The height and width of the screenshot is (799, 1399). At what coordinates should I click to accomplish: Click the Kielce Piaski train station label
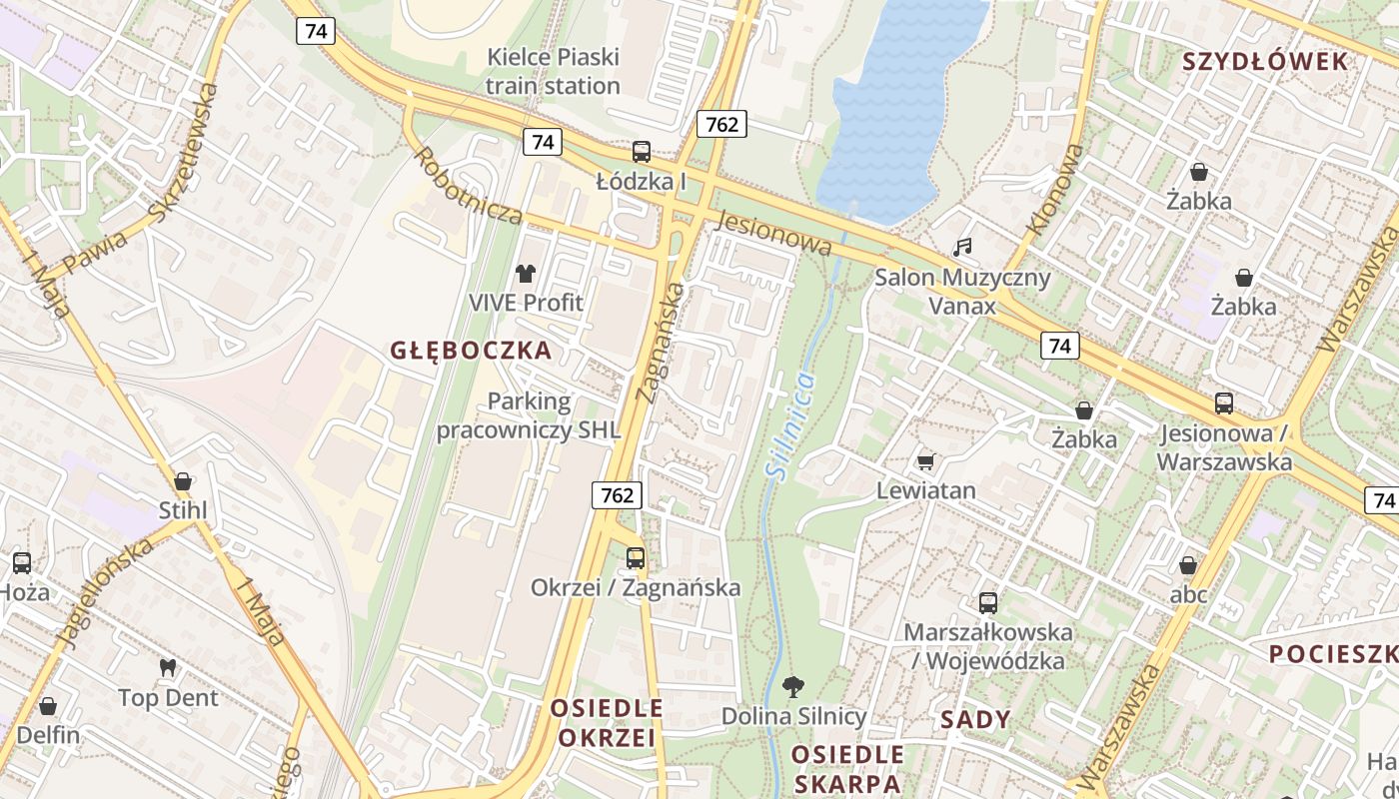553,71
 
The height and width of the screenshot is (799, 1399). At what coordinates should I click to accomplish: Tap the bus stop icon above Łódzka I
642,152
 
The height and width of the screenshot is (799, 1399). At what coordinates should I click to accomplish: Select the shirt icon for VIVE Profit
526,273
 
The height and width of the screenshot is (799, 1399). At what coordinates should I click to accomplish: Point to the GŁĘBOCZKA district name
471,351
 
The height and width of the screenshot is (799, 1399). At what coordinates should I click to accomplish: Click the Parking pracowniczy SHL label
529,416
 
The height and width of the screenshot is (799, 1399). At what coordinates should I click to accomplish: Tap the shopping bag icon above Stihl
182,481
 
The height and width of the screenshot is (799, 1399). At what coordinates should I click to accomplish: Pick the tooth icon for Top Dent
168,667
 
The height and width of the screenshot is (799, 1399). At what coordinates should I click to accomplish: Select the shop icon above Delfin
48,706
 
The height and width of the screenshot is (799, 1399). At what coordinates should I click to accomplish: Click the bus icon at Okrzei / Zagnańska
636,558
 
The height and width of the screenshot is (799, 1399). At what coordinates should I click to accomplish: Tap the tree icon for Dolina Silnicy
793,686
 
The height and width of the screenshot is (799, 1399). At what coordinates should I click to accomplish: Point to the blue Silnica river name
789,423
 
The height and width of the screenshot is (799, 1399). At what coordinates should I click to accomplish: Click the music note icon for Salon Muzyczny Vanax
962,247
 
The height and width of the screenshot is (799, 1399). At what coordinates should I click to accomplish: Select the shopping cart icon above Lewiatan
925,461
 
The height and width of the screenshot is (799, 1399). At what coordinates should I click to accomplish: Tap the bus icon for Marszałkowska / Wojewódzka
988,602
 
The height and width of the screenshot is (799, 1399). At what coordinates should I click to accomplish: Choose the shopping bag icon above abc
1188,565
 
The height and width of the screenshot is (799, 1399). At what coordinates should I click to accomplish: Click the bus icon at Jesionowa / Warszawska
1224,403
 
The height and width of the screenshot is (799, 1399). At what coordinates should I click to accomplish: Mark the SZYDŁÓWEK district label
1265,62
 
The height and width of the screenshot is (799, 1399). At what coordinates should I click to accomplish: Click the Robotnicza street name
468,186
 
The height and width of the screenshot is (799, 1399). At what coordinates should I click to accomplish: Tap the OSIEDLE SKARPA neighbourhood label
847,768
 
